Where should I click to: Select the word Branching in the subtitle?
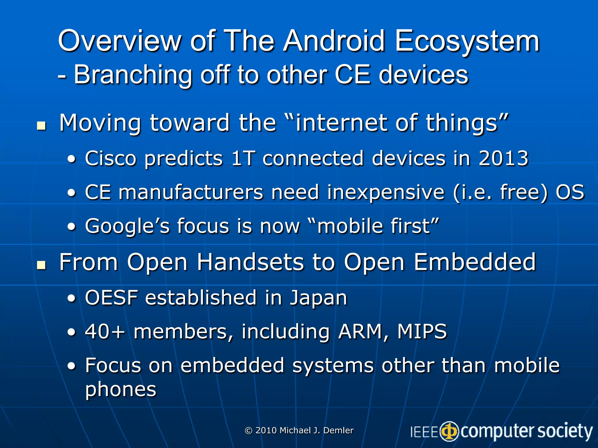pos(133,75)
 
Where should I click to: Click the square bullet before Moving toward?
pos(41,126)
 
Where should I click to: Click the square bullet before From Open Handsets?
pos(41,265)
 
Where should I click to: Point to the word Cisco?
pos(111,158)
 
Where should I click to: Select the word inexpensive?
pos(385,192)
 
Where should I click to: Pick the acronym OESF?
pos(111,298)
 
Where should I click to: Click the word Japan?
pos(318,298)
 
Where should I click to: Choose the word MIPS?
pos(422,332)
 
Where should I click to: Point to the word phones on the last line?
pos(121,390)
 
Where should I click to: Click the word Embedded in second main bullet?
pos(475,262)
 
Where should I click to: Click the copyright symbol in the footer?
pos(248,430)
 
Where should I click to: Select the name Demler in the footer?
pos(338,430)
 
